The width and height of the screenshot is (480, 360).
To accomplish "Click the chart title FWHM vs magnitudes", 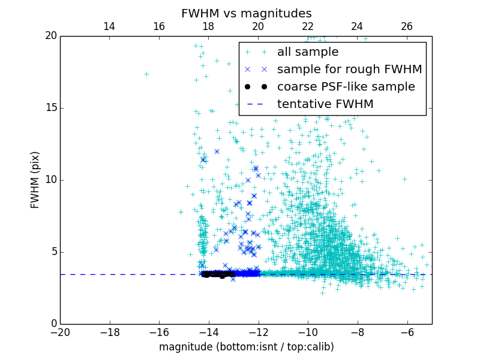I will tap(246, 13).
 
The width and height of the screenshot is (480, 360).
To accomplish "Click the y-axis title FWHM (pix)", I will tap(35, 179).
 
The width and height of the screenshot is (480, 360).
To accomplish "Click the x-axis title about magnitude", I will tap(246, 347).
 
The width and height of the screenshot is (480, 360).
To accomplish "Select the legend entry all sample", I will tap(308, 52).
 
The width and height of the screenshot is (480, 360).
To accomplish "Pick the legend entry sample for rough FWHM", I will tap(349, 69).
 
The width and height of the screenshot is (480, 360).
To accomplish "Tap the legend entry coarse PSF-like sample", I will tap(346, 86).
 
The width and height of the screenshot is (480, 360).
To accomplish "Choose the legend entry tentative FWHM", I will tap(325, 104).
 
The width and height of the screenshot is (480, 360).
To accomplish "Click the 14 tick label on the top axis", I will tap(109, 26).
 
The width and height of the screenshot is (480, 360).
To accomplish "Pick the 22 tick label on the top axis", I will tap(308, 26).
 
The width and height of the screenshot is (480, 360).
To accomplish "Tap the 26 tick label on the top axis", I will tap(407, 26).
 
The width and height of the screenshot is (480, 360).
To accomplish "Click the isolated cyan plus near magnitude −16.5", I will tap(146, 74).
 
